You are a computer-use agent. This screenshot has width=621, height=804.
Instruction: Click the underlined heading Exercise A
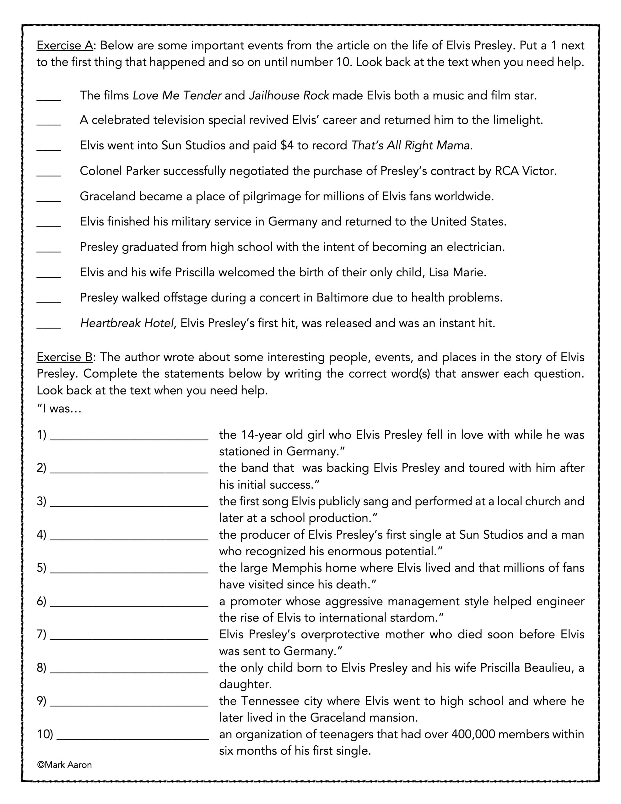[64, 46]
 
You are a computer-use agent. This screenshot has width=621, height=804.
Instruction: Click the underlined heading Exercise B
[64, 357]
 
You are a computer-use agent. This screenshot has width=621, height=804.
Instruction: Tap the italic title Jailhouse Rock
[289, 96]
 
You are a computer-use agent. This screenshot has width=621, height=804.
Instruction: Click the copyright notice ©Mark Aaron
[64, 765]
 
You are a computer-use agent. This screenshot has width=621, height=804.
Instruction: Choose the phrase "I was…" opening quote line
[59, 409]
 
